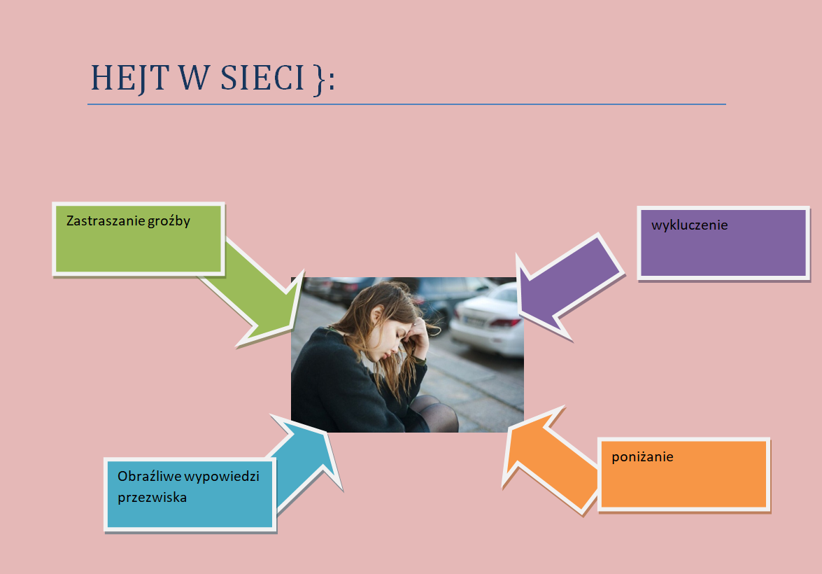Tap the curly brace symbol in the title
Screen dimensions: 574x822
[x=318, y=79]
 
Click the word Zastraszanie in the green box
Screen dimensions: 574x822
[x=106, y=220]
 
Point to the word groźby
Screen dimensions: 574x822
[x=169, y=220]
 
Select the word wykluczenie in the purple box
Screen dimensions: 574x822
[x=689, y=225]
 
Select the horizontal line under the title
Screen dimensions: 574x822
[x=406, y=104]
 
